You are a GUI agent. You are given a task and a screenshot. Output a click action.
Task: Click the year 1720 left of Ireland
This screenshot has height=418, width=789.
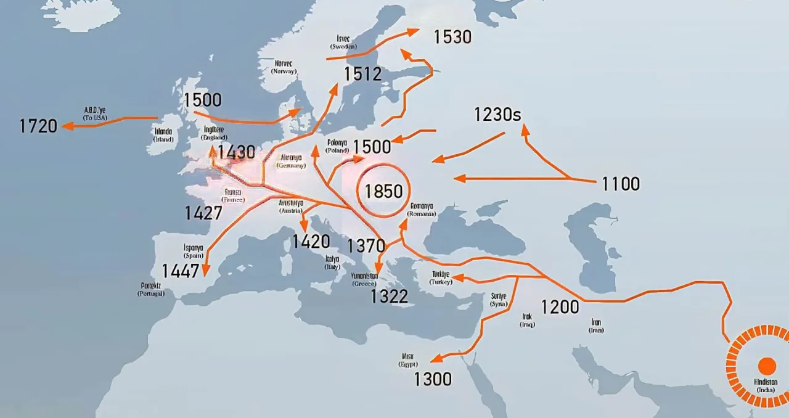point(38,126)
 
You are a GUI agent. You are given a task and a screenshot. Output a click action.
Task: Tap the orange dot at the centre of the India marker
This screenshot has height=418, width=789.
point(767,366)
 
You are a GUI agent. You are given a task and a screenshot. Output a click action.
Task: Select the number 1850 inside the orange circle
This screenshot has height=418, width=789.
point(383,191)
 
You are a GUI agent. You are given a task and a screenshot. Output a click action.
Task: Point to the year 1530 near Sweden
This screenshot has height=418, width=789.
point(452,37)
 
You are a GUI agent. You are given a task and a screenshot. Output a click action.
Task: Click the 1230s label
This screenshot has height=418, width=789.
point(497,115)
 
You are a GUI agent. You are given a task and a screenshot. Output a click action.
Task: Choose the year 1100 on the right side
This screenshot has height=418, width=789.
point(621,184)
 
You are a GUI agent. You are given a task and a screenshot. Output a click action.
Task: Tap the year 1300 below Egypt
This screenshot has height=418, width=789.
point(433,379)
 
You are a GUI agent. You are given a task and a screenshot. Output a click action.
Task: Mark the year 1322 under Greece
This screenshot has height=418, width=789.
point(389,297)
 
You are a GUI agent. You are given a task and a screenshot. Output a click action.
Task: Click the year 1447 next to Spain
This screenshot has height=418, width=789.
point(181,271)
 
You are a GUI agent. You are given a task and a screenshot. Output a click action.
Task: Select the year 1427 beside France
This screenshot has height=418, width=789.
point(203,213)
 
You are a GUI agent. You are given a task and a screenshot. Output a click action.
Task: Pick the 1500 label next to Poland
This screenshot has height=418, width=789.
point(372,147)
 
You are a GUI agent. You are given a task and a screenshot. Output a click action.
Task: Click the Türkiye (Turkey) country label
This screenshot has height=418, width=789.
point(441,277)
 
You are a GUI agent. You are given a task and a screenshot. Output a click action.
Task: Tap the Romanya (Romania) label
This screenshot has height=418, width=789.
point(421,210)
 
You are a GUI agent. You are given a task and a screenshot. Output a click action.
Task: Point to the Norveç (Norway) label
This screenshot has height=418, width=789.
point(284,67)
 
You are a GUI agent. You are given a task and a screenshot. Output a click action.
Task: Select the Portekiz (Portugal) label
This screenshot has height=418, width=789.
point(151,289)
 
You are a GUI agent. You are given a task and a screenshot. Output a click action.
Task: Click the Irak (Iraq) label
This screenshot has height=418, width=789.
point(527,320)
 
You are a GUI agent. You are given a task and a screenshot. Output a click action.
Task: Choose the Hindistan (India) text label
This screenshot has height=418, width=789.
point(766,386)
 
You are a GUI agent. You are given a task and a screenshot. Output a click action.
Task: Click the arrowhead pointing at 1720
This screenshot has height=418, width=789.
point(67,126)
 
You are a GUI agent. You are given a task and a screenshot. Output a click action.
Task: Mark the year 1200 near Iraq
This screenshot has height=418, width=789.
point(560,306)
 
